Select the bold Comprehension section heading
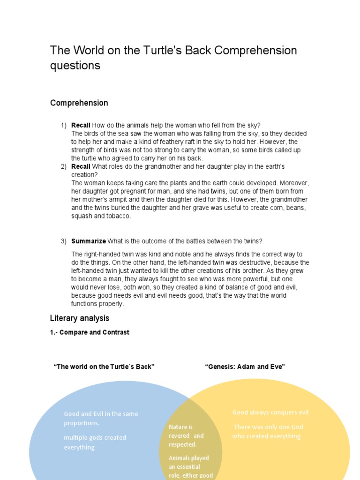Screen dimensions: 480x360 click(x=79, y=103)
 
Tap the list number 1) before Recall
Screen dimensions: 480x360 click(x=64, y=125)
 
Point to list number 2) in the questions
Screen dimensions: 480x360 click(x=64, y=166)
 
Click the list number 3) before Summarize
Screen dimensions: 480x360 click(x=64, y=241)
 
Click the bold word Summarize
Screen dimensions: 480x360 click(x=89, y=241)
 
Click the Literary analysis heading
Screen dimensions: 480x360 click(x=79, y=318)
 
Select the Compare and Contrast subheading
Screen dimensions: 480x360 click(x=90, y=332)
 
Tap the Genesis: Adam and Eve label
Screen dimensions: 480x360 click(x=245, y=367)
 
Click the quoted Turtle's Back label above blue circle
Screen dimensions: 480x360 click(x=104, y=367)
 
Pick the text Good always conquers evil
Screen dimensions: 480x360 click(x=270, y=412)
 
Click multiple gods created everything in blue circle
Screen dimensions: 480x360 click(x=95, y=442)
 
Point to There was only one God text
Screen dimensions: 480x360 click(x=268, y=431)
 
